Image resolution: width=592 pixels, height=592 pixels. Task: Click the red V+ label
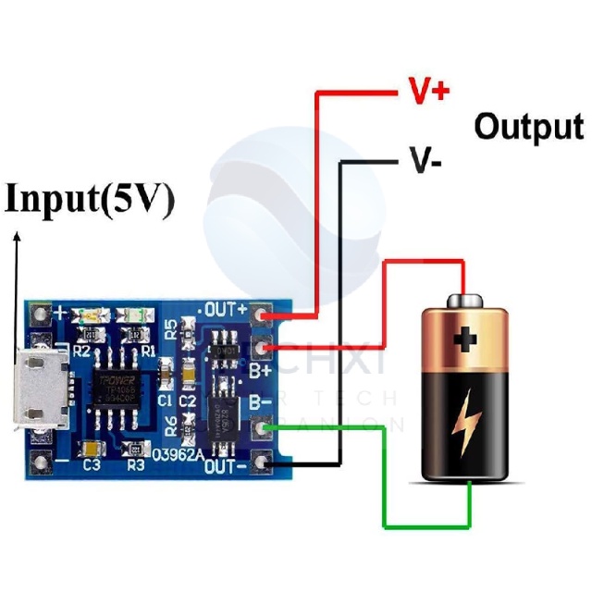[428, 90]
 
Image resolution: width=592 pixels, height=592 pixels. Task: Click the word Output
[528, 127]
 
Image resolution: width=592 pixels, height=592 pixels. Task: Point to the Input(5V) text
[90, 201]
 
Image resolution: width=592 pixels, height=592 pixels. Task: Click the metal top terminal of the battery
[465, 301]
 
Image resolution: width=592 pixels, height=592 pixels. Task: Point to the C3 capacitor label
[91, 464]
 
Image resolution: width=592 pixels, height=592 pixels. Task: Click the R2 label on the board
[81, 351]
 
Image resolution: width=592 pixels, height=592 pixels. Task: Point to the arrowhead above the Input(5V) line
[16, 237]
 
